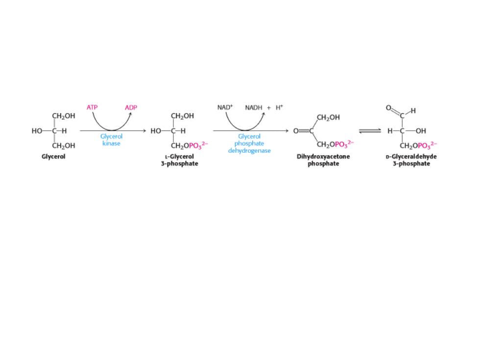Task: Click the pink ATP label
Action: [x=92, y=107]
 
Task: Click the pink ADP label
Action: [x=131, y=107]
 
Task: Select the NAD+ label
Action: [x=225, y=107]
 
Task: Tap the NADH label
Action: [x=254, y=107]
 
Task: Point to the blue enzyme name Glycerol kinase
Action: [x=112, y=140]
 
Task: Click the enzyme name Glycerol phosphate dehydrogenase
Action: [x=249, y=144]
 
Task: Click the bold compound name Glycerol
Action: [x=53, y=156]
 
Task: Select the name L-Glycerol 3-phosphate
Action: [x=180, y=160]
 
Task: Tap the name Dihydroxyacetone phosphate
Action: [x=323, y=160]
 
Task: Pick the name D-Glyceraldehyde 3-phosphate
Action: [x=411, y=160]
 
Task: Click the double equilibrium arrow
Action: [x=370, y=131]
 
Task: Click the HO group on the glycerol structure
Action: [x=37, y=131]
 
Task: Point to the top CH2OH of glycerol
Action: [x=63, y=116]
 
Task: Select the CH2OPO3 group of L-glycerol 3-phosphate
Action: [x=189, y=145]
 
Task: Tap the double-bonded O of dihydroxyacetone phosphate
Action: [x=296, y=131]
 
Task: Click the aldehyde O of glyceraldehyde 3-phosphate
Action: [x=388, y=108]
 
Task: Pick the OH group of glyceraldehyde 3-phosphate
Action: [x=421, y=131]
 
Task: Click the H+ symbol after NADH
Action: [x=279, y=107]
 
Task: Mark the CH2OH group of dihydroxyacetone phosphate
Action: [x=328, y=118]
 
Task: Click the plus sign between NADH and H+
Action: [x=269, y=108]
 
